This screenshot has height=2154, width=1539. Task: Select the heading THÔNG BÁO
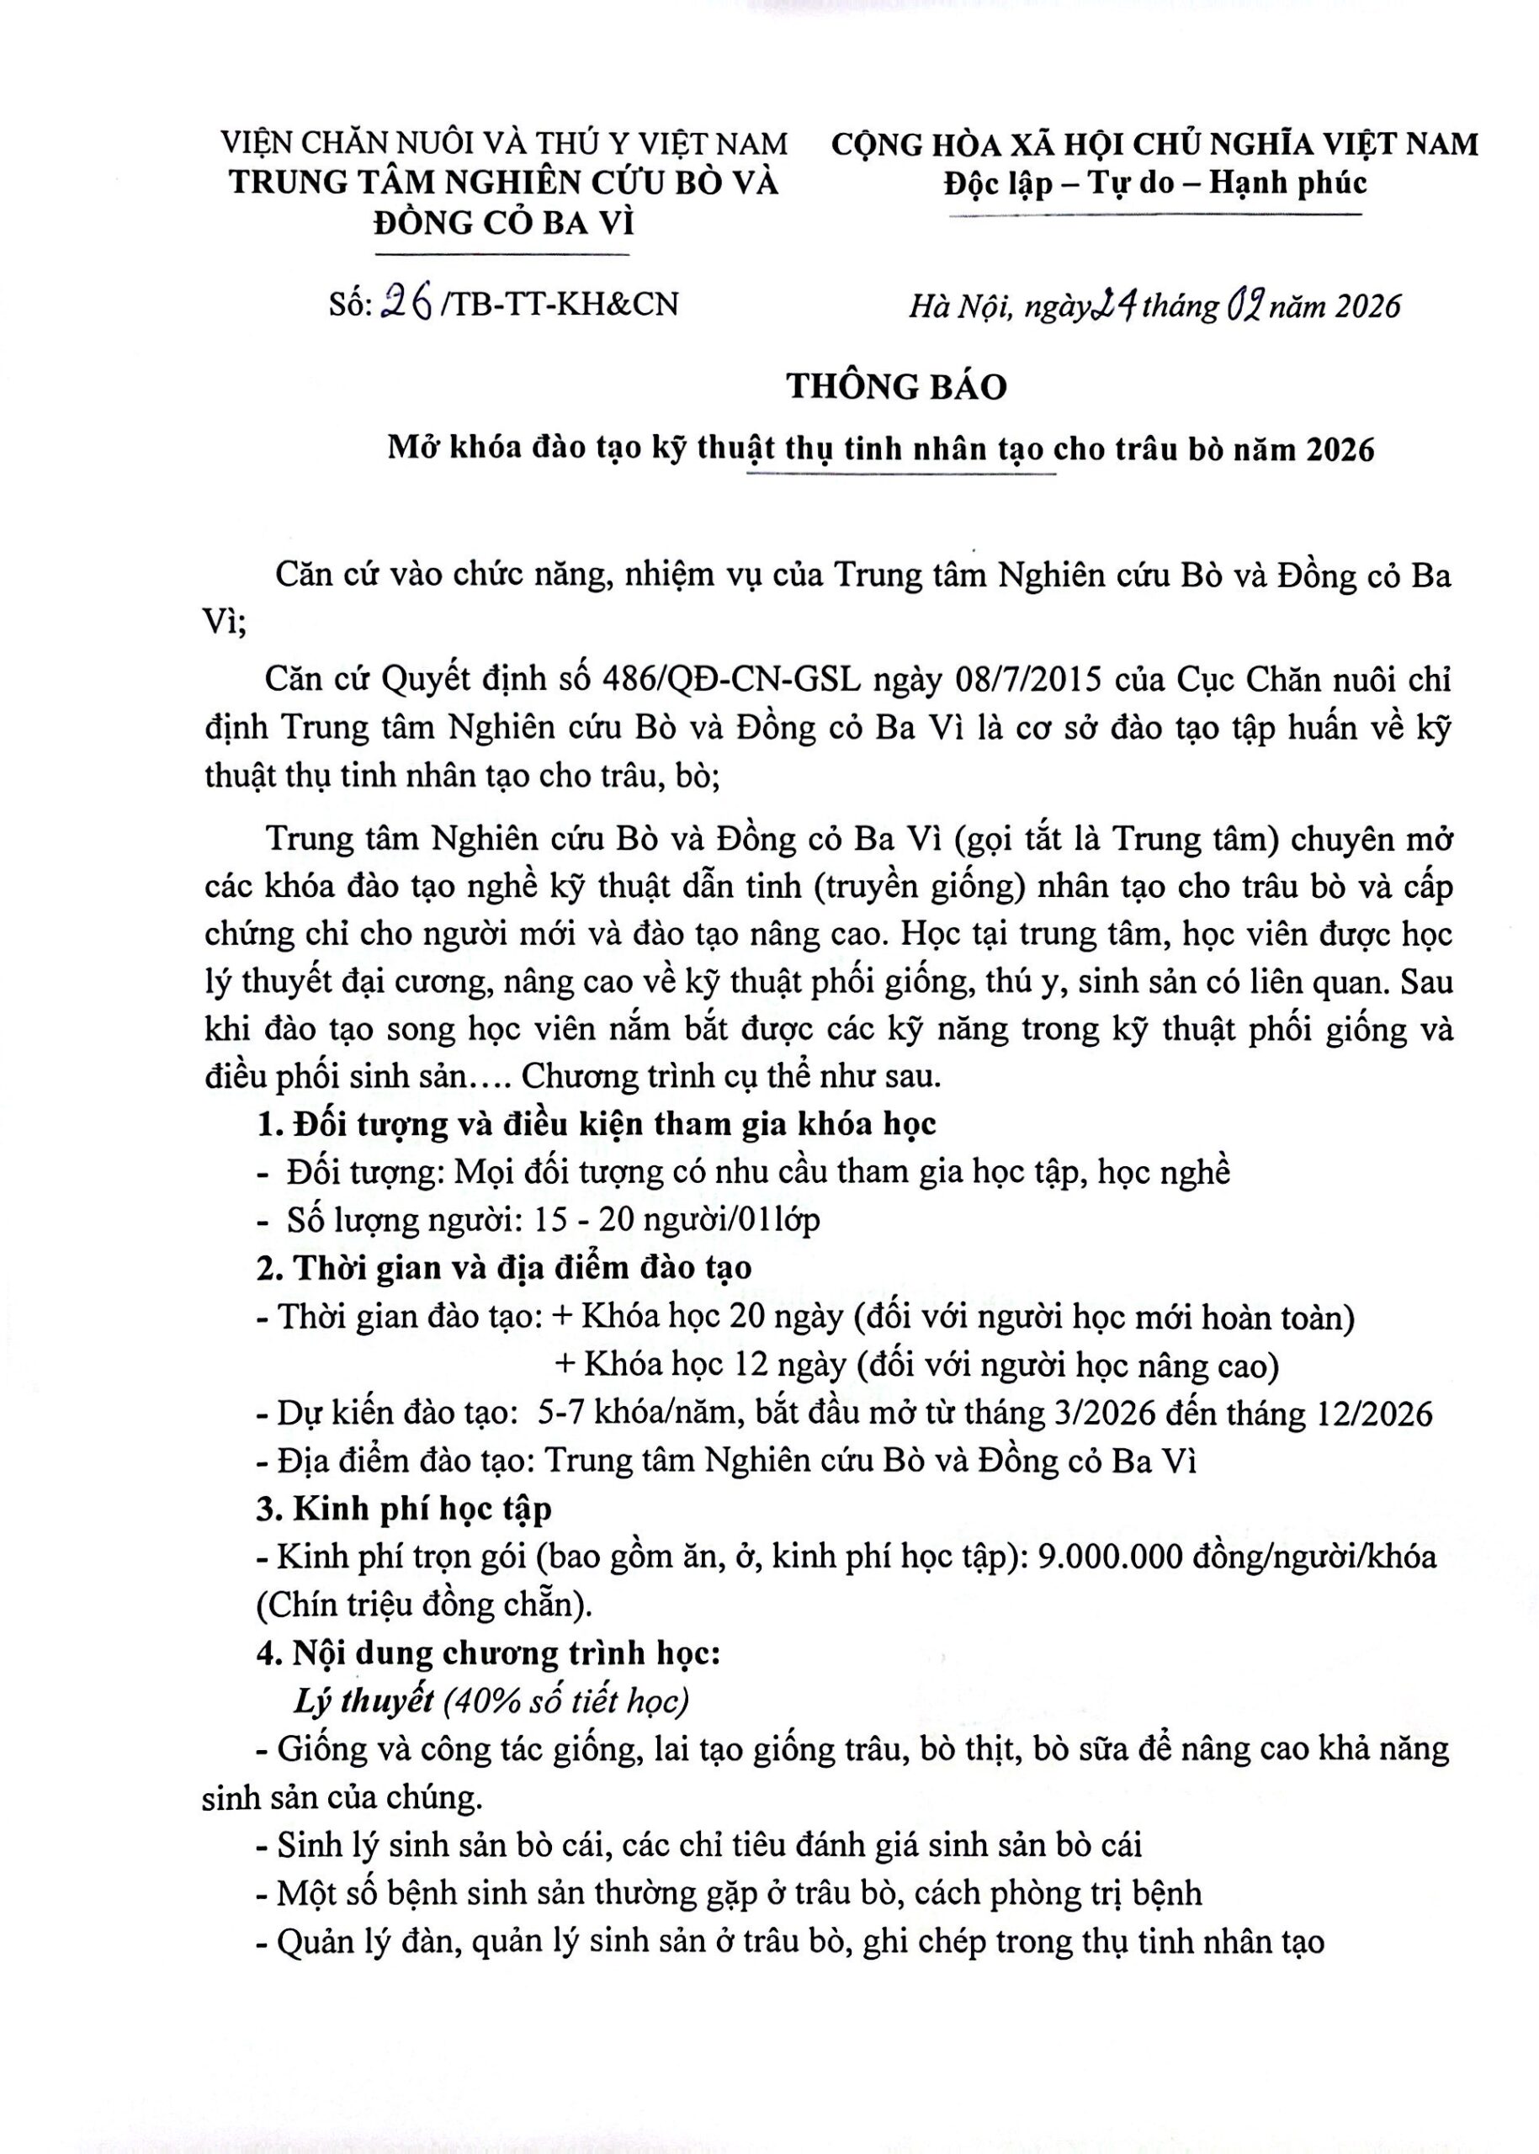click(x=895, y=387)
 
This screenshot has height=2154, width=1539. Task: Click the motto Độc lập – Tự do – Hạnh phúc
click(x=1155, y=182)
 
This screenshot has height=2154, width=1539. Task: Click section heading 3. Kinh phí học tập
click(x=404, y=1508)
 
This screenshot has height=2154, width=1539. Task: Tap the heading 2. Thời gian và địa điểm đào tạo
click(x=504, y=1268)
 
